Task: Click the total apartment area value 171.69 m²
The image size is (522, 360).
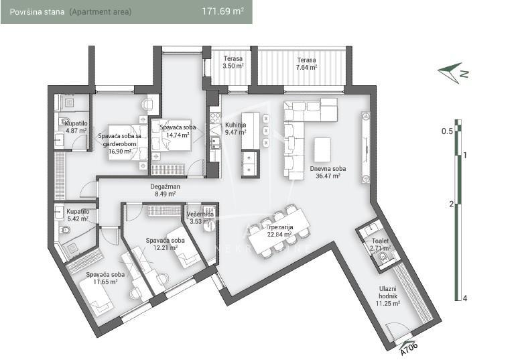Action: coord(223,11)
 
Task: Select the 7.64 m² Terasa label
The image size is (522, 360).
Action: coord(307,63)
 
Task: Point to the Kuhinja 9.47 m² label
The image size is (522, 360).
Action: coord(235,129)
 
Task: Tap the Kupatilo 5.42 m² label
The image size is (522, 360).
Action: coord(77,215)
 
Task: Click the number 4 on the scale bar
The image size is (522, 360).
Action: coord(464,298)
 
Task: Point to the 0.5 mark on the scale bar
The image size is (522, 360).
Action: coord(448,131)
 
